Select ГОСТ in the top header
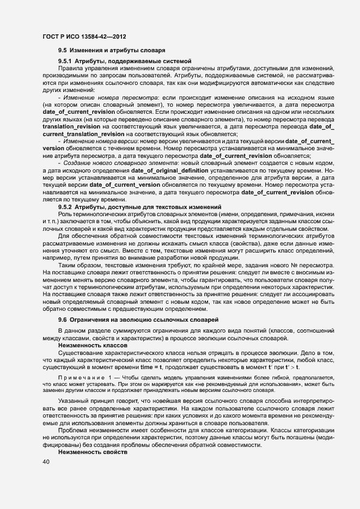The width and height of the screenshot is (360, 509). pyautogui.click(x=51, y=35)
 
